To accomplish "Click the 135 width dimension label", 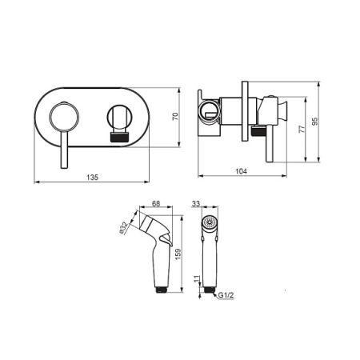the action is pyautogui.click(x=93, y=177).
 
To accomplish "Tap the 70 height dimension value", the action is pyautogui.click(x=175, y=117).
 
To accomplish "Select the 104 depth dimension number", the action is pyautogui.click(x=241, y=171).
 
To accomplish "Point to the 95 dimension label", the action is pyautogui.click(x=315, y=122).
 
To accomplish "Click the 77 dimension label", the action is pyautogui.click(x=302, y=129).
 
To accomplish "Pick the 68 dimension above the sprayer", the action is pyautogui.click(x=156, y=203).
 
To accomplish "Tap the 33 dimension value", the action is pyautogui.click(x=196, y=203).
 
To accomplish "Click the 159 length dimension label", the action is pyautogui.click(x=178, y=254).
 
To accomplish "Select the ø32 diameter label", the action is pyautogui.click(x=124, y=228).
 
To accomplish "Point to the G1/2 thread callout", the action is pyautogui.click(x=226, y=295).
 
